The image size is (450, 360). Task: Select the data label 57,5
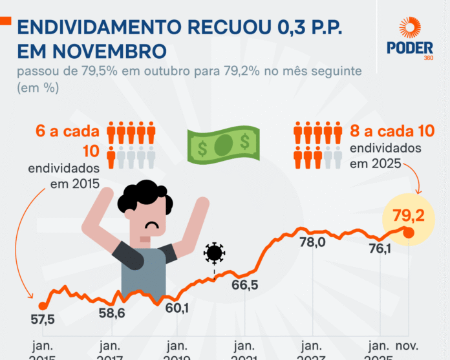pyautogui.click(x=43, y=319)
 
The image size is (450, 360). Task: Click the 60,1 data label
pyautogui.click(x=177, y=309)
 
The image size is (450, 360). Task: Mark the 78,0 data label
pyautogui.click(x=312, y=243)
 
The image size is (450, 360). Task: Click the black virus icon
pyautogui.click(x=214, y=253)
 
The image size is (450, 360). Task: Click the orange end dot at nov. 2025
pyautogui.click(x=408, y=231)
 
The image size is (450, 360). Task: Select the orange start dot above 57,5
pyautogui.click(x=42, y=306)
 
